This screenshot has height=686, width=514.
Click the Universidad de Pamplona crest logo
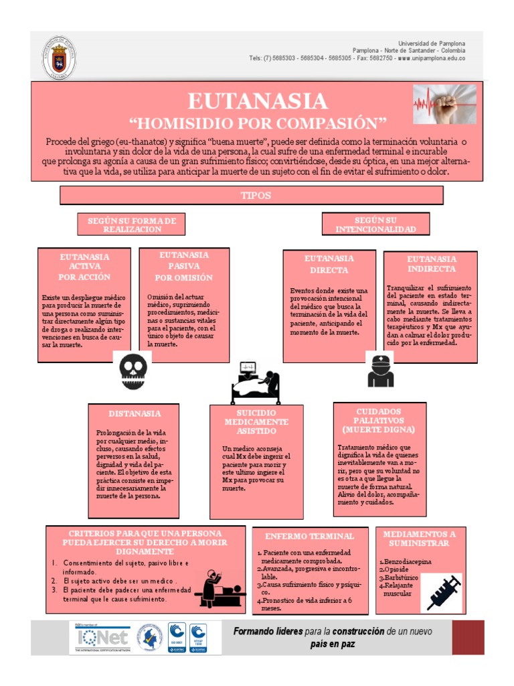coord(59,58)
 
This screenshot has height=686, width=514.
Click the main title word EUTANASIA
coord(258,101)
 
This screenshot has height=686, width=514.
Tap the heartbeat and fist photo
coord(444,105)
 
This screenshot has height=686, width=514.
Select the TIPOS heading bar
coord(252,195)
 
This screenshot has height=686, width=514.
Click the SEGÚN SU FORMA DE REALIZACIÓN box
coord(131,224)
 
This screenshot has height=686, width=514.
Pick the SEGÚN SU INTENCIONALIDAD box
coord(375,224)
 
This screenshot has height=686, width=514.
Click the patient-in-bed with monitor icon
coord(256,383)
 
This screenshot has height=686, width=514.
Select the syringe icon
coord(442,593)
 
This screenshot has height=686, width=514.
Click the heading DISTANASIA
coord(135,413)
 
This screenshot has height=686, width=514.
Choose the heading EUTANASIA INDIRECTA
coord(431,263)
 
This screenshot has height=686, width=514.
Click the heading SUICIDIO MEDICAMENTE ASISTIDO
coord(256,422)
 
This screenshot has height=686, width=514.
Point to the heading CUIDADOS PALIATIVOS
coord(379,419)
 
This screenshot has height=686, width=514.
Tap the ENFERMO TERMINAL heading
coord(309,536)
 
